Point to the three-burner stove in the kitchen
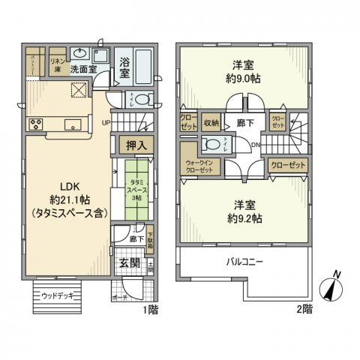coord(34,124)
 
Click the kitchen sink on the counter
coord(73,124)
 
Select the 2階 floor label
coord(304,308)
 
